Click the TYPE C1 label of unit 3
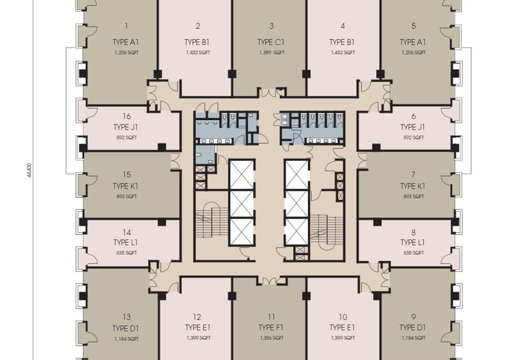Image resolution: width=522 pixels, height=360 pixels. coord(271,42)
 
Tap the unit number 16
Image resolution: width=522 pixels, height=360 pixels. coord(127,116)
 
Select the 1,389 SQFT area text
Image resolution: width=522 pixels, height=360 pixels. coord(271,53)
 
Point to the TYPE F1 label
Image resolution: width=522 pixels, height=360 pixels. coord(271,328)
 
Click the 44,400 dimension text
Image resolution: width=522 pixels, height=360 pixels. coord(29,170)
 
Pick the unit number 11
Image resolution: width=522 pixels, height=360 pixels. coord(271,317)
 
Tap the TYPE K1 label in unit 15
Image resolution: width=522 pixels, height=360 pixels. coord(125,186)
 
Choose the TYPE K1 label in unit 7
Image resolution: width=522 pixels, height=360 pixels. coord(413,186)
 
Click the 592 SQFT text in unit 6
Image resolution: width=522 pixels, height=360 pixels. coord(414,138)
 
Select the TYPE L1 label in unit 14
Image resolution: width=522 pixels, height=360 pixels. coord(125,242)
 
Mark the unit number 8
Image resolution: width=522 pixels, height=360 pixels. coord(414,233)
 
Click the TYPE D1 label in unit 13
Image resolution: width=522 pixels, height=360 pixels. coord(125,329)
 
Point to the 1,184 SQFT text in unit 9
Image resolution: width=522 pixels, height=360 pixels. coord(414,338)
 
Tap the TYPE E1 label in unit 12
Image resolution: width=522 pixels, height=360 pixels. coord(198,328)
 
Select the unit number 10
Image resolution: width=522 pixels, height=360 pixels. coord(343,317)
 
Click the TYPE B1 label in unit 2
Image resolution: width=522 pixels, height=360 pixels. coord(197,42)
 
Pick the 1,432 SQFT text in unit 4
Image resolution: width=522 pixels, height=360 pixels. coord(343,53)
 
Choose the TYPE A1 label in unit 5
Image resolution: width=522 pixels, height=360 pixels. coord(413,42)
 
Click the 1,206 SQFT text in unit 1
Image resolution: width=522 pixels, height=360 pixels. coord(127,53)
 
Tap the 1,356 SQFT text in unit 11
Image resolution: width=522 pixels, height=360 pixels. coord(271,338)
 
